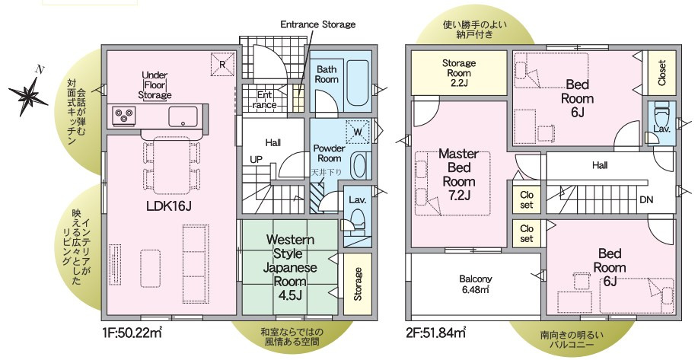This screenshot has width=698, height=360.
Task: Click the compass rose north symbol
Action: click(28, 95)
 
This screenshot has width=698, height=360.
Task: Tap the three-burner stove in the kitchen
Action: click(124, 116)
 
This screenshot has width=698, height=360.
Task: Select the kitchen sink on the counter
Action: click(183, 116)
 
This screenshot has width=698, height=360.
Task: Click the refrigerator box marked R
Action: click(222, 64)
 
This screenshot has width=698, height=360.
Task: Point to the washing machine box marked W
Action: click(358, 132)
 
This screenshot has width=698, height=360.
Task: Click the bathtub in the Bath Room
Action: click(358, 83)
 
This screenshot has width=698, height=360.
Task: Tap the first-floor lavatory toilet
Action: click(355, 222)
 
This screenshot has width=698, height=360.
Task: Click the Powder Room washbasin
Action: click(361, 165)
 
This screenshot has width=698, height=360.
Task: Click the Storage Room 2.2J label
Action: click(459, 73)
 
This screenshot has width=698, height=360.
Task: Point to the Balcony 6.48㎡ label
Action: click(476, 284)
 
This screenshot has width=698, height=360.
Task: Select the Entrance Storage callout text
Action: click(318, 24)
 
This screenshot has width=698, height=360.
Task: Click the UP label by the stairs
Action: click(256, 159)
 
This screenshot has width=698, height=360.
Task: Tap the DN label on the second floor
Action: click(646, 200)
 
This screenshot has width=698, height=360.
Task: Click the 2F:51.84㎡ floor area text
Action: click(436, 332)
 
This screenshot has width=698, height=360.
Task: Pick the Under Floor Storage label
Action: click(155, 85)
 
